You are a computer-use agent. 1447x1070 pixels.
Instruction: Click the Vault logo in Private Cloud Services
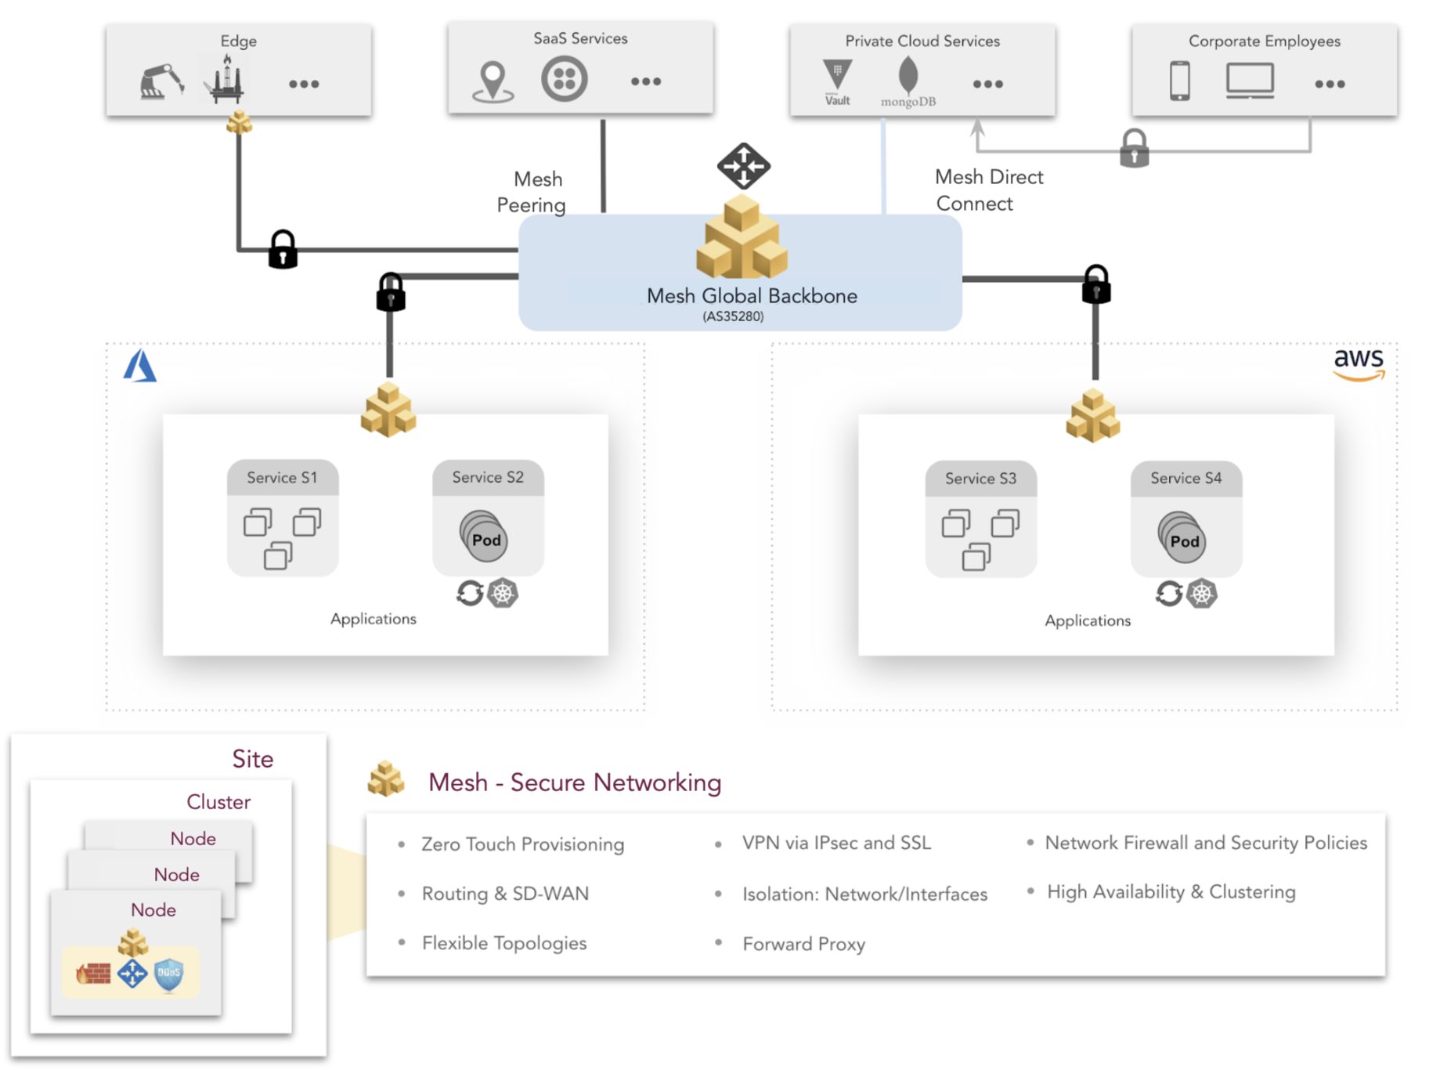coord(837,81)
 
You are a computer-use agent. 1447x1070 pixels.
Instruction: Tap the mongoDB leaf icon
coord(908,76)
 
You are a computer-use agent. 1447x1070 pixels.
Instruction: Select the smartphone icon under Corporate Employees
coord(1179,81)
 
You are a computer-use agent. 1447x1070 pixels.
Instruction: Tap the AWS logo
coord(1359,363)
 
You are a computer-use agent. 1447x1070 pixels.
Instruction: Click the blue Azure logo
coord(140,366)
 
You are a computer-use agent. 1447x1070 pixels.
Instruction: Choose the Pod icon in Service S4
coord(1182,538)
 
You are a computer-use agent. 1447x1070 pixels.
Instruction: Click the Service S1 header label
coord(282,478)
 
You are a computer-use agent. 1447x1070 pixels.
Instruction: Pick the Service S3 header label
coord(980,479)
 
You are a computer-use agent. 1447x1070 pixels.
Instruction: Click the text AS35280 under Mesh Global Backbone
coord(732,316)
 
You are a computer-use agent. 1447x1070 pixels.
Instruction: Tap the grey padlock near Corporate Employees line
coord(1134,149)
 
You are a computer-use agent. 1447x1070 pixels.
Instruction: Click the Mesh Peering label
coord(532,192)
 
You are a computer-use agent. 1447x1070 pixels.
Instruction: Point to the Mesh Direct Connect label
coord(988,190)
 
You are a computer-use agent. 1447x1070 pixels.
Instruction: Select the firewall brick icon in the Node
coord(93,974)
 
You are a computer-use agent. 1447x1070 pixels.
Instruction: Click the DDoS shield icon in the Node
coord(169,974)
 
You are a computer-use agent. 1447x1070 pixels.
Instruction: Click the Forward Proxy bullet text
coord(803,944)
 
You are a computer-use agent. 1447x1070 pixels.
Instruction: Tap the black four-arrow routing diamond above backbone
coord(743,165)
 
